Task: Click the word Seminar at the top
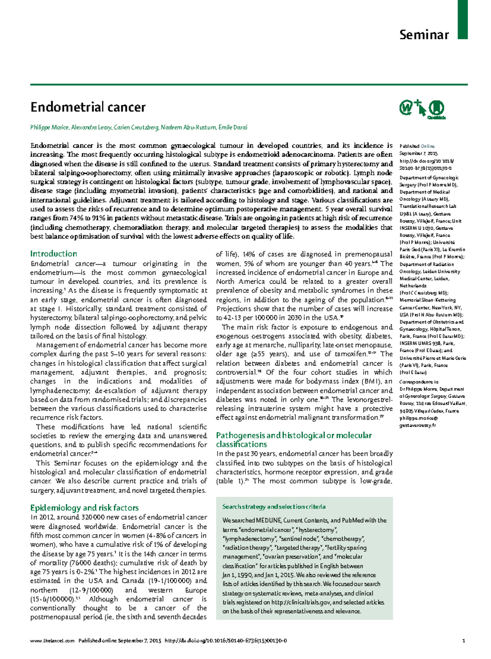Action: click(424, 35)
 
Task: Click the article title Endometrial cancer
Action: click(88, 108)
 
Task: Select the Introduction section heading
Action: click(54, 254)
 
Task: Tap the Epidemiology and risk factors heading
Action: click(84, 508)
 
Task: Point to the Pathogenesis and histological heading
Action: click(294, 436)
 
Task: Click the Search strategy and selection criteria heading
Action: click(274, 507)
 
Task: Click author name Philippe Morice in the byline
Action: click(49, 128)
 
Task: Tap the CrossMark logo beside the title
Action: click(437, 109)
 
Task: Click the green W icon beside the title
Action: click(405, 108)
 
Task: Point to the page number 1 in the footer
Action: click(464, 641)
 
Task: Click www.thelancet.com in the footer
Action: click(52, 641)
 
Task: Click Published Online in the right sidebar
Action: click(417, 146)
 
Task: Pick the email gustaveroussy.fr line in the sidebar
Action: click(417, 425)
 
